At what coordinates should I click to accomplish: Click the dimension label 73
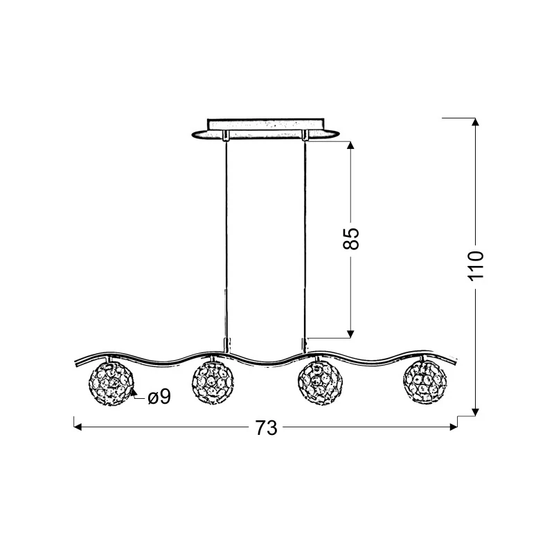pos(267,428)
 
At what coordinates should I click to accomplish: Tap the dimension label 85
pos(351,239)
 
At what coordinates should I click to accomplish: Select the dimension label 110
pos(475,266)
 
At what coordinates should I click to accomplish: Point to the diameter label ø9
pos(159,396)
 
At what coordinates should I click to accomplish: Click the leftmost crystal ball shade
pos(111,384)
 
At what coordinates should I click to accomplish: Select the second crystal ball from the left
pos(213,383)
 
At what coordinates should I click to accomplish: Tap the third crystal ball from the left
pos(320,383)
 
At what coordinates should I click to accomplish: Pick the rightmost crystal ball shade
pos(425,382)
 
